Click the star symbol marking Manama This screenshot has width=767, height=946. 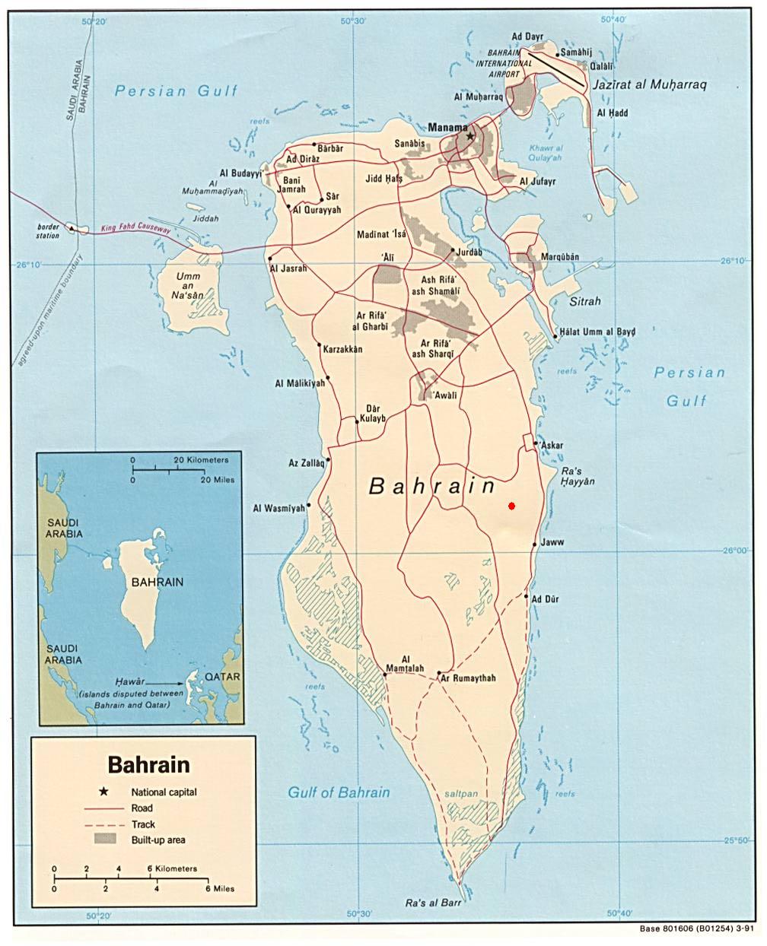point(470,136)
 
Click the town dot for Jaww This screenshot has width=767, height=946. point(535,544)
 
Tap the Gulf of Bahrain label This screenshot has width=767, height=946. point(339,792)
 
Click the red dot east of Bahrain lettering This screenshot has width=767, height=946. point(512,506)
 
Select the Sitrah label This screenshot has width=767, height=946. point(584,301)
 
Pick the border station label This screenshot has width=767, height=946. point(47,231)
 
